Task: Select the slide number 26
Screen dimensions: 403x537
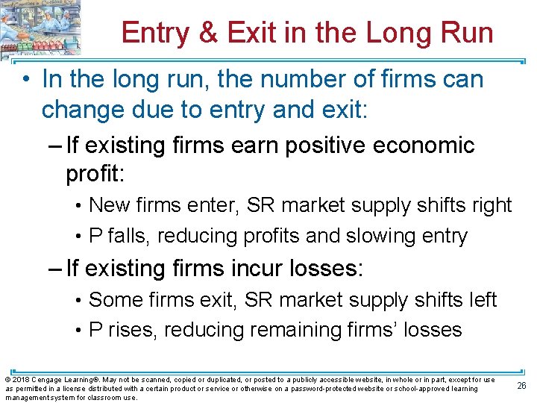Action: pos(521,385)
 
